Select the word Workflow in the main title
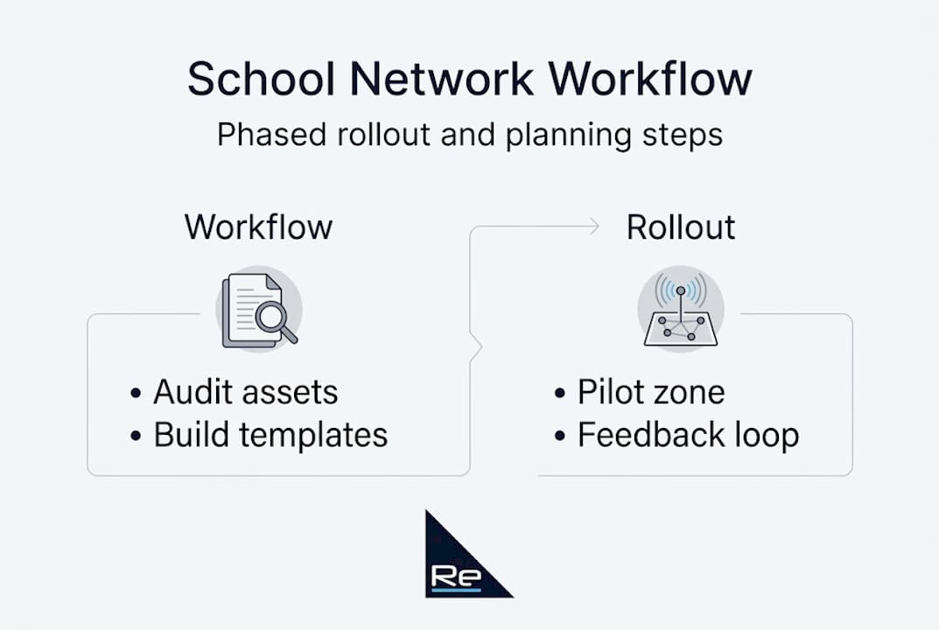point(650,80)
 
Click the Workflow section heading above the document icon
point(258,227)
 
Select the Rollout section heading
point(681,227)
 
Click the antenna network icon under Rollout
point(680,311)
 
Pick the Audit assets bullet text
point(245,393)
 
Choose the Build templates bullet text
point(270,435)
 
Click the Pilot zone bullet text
point(650,393)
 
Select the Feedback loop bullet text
point(688,435)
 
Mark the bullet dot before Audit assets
point(136,394)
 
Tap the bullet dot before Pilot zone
point(560,394)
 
